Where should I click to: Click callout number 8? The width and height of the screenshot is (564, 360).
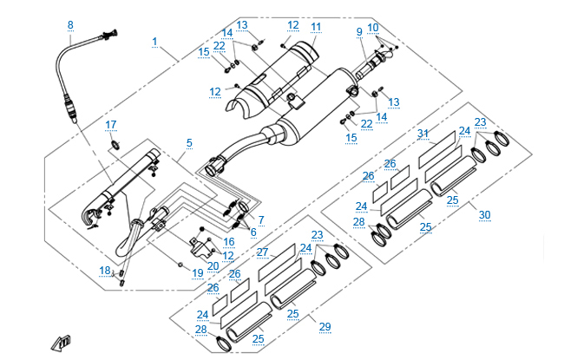click(70, 24)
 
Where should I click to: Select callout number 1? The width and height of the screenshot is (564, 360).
click(154, 42)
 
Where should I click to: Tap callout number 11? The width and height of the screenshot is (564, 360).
click(316, 27)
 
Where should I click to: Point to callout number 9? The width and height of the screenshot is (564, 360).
click(358, 32)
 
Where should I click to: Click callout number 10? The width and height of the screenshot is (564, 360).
click(373, 28)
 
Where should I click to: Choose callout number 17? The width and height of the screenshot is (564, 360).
click(111, 125)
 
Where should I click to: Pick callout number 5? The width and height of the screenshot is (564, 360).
click(188, 142)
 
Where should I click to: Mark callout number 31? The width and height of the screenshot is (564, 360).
click(423, 133)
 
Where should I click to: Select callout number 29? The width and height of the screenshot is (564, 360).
click(325, 326)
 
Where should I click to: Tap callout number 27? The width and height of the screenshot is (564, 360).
click(262, 252)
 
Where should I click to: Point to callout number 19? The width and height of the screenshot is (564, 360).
click(198, 272)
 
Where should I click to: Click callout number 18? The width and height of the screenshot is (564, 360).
click(105, 271)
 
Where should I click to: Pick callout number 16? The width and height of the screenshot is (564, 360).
click(229, 242)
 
